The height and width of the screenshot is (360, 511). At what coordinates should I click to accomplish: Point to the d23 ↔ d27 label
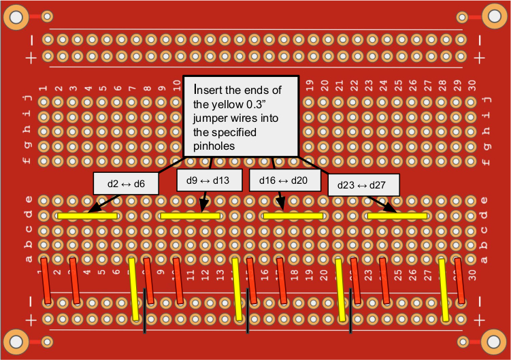[363, 184]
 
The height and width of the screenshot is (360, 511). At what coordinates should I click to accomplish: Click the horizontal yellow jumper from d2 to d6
[88, 216]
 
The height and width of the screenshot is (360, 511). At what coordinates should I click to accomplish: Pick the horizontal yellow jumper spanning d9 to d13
[191, 216]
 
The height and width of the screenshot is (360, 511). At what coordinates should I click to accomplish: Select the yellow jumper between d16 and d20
[293, 216]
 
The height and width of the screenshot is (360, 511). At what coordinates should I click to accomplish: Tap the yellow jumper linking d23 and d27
[397, 216]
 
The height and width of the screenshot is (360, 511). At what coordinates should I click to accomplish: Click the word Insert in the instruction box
[209, 90]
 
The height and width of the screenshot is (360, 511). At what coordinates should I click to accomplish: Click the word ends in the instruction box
[252, 90]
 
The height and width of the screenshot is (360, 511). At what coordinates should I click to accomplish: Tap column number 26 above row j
[413, 86]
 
